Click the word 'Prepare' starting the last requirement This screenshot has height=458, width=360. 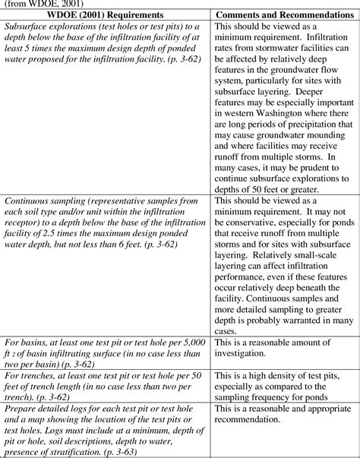(x=21, y=406)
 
